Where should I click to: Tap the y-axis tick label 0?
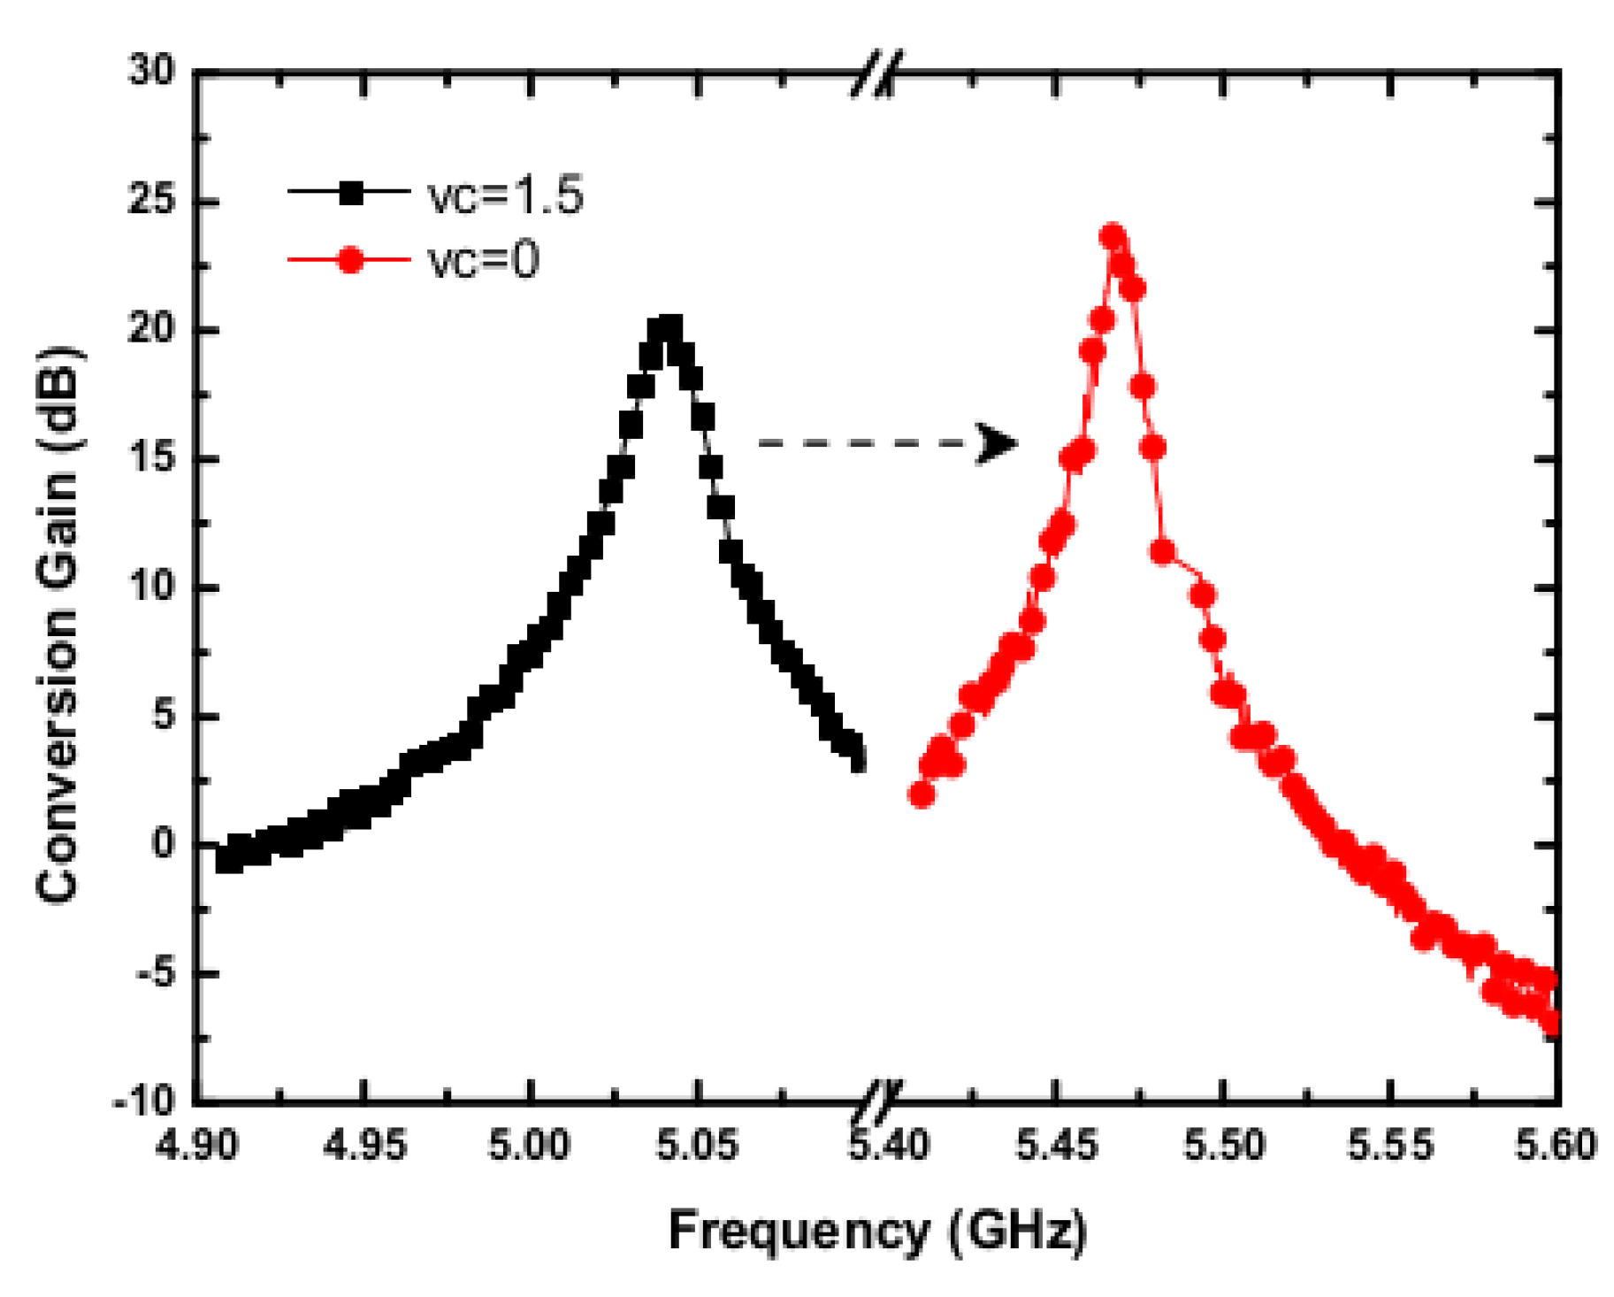(x=163, y=844)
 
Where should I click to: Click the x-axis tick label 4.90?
(x=196, y=1147)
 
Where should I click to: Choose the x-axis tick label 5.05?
(x=697, y=1147)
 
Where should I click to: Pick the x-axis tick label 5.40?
(x=889, y=1147)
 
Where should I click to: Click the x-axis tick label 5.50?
(x=1222, y=1147)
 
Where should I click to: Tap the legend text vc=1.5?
(x=505, y=196)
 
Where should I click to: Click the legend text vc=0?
(x=484, y=261)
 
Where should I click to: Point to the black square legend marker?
(x=351, y=192)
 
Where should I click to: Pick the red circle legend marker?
(x=351, y=260)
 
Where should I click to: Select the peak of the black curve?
(x=665, y=329)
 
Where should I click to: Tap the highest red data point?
(x=1113, y=236)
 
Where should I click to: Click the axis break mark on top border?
(x=876, y=73)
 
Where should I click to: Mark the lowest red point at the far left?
(x=922, y=794)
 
